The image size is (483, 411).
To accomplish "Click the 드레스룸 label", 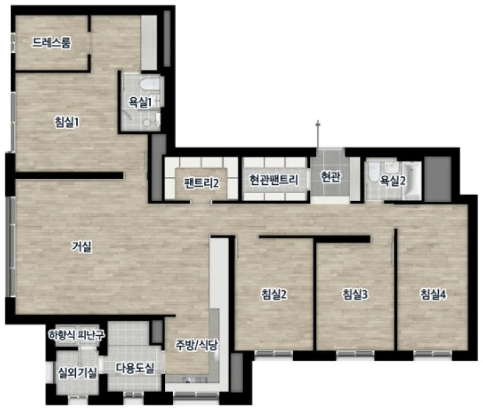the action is pos(52,42).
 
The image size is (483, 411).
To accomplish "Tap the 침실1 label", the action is pos(66,122).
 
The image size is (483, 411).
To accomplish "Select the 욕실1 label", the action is pos(140,102).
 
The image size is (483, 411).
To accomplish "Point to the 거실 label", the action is pos(82,246).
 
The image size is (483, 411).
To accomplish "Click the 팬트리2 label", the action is pos(201,183).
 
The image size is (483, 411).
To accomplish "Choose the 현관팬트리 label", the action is pos(274,180).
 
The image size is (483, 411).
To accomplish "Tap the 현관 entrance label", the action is pos(331,176).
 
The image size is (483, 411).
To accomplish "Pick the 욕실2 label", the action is pos(392,180).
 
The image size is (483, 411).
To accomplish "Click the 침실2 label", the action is pos(274,294).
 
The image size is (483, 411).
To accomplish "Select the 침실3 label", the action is pos(355,294).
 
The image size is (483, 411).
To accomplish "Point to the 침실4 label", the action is pos(433,294).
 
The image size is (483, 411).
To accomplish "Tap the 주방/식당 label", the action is pos(197,345).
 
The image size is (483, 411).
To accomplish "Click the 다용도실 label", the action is pos(135,368).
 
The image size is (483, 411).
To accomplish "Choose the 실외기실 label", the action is pos(78,373).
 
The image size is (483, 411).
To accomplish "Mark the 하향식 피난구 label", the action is pos(76,334).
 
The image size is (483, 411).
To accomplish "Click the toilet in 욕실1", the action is pos(150,84).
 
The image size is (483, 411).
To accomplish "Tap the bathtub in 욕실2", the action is pos(412,180).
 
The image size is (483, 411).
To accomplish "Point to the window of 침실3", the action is pos(355,353).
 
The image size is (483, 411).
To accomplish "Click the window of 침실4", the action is pos(433,353).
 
